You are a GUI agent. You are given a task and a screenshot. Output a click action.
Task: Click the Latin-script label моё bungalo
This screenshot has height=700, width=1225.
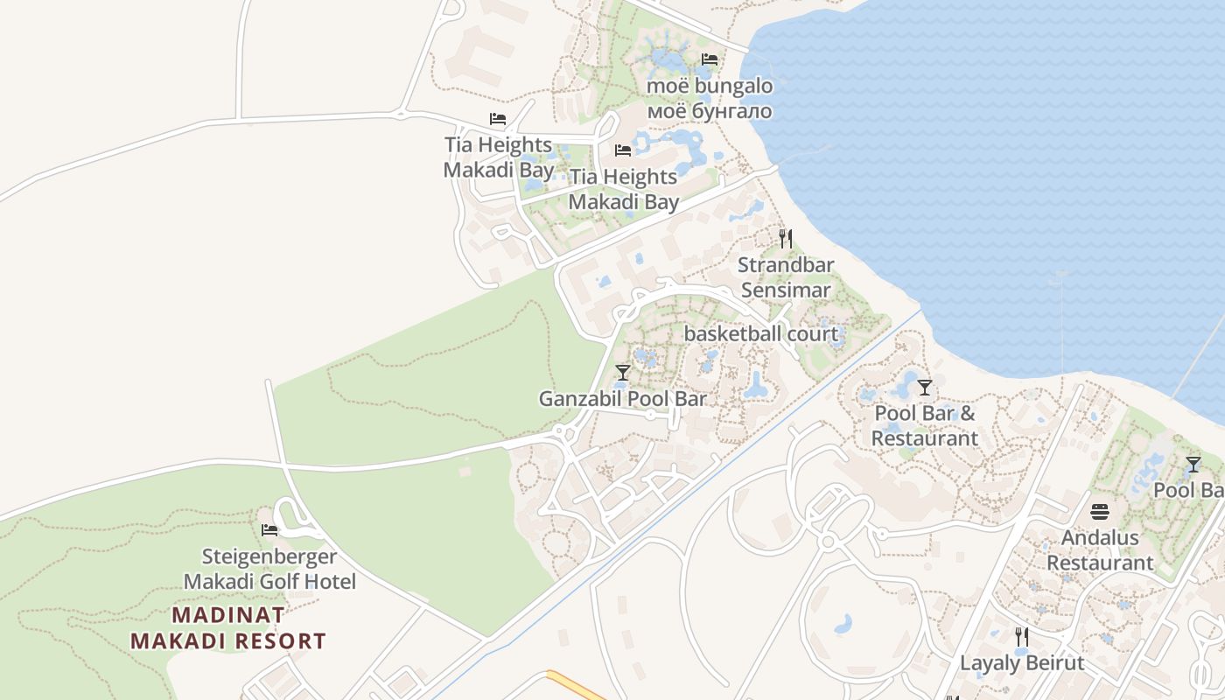[x=710, y=86]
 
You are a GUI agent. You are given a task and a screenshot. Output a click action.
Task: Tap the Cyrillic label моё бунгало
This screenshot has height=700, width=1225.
[x=710, y=111]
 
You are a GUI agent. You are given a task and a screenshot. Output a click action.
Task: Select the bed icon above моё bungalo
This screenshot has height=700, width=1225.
[x=710, y=59]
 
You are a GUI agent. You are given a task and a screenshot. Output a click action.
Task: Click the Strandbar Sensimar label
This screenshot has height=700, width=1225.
[x=786, y=277]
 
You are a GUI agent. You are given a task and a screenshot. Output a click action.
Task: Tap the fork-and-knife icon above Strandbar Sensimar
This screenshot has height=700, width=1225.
[x=786, y=239]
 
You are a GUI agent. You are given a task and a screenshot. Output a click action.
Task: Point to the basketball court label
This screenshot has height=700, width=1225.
[x=760, y=333]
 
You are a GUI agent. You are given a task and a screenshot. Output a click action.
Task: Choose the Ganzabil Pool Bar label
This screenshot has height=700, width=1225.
[x=622, y=399]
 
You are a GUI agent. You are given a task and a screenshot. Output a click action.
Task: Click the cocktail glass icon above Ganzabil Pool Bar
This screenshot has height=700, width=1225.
[x=622, y=373]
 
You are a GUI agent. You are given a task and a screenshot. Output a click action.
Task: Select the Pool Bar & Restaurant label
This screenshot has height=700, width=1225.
[x=925, y=425]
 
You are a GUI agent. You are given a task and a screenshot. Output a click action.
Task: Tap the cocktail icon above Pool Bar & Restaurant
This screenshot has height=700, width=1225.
[x=925, y=388]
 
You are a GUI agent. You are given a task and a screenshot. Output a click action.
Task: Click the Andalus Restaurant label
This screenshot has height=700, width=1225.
[x=1100, y=550]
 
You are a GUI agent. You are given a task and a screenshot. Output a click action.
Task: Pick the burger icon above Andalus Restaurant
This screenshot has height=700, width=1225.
[x=1100, y=512]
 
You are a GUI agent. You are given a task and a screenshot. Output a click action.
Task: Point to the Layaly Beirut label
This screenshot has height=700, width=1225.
[x=1022, y=663]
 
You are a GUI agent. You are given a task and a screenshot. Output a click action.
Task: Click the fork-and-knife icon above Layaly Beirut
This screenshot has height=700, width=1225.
[x=1021, y=636]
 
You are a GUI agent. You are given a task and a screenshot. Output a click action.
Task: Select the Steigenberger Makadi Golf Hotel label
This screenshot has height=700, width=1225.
[x=269, y=569]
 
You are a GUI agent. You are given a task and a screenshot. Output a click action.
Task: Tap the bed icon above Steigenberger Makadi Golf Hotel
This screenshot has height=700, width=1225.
[x=269, y=530]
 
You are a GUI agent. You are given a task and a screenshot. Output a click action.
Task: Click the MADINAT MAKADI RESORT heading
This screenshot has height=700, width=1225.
[x=228, y=628]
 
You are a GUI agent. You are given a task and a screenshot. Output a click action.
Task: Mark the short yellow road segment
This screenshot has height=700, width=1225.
[x=576, y=685]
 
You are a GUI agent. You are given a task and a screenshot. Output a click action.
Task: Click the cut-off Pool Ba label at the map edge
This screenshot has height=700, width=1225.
[x=1188, y=490]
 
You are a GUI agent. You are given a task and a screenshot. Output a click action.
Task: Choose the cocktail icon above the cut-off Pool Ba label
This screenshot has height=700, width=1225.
[x=1193, y=465]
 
